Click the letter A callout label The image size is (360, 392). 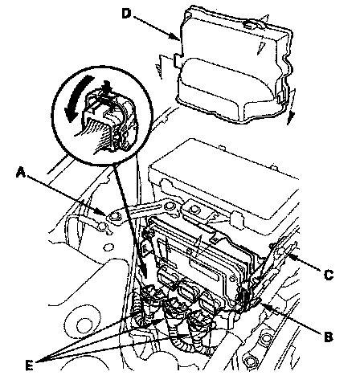pos(21,172)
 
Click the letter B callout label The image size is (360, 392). pos(329,337)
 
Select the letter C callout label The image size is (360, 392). pos(329,275)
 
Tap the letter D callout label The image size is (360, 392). pos(127,14)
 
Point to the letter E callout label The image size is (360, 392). pos(30,365)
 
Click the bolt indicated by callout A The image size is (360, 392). pos(116,216)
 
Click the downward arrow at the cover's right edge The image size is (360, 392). pos(292,107)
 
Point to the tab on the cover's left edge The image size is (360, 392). pos(178,60)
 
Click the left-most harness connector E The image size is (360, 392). pos(147,304)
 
